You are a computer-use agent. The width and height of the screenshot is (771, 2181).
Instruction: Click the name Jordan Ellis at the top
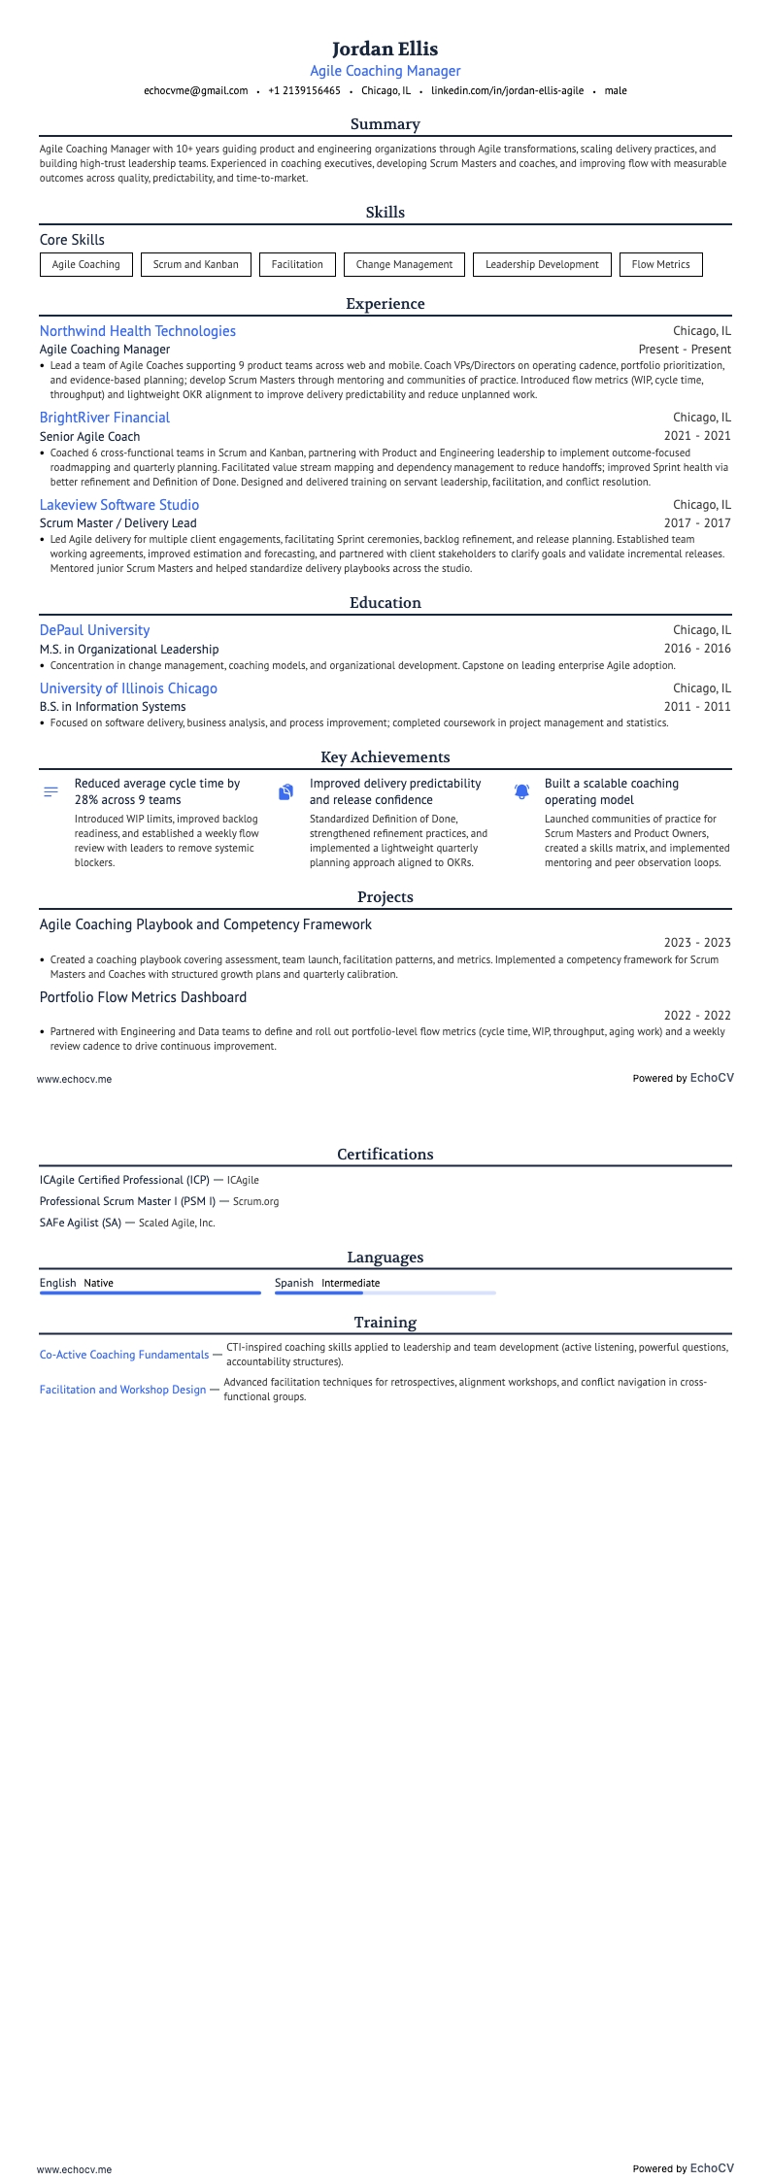385,49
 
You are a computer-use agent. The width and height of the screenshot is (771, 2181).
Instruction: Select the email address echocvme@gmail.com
195,91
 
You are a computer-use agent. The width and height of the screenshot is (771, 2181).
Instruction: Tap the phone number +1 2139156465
304,91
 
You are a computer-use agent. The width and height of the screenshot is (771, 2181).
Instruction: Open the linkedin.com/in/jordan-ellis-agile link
507,91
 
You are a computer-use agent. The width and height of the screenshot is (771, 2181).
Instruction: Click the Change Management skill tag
404,264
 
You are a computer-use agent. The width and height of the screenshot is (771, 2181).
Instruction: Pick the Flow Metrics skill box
660,264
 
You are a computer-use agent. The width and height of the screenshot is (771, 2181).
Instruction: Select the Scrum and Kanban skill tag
195,264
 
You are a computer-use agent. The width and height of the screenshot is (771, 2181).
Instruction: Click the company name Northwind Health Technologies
138,331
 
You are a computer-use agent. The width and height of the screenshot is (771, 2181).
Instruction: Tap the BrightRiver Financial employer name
105,418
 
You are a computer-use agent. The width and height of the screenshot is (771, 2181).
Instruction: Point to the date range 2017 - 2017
697,523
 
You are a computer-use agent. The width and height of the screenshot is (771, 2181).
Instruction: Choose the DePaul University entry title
94,630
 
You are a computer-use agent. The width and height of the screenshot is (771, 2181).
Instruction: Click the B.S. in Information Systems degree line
113,707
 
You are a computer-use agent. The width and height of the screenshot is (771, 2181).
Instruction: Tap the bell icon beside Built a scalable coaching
521,792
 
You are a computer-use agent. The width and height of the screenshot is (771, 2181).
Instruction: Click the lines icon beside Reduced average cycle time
51,792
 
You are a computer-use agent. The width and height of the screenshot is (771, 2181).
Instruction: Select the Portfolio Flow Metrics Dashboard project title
144,997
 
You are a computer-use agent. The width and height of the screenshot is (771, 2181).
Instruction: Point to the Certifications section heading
385,1155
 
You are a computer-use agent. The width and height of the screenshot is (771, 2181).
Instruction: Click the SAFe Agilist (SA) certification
81,1223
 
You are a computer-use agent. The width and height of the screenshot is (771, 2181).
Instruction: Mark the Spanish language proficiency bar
385,1292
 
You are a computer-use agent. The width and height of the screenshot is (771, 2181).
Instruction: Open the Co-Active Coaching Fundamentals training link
124,1355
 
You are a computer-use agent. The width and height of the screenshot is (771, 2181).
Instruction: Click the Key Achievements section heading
385,757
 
